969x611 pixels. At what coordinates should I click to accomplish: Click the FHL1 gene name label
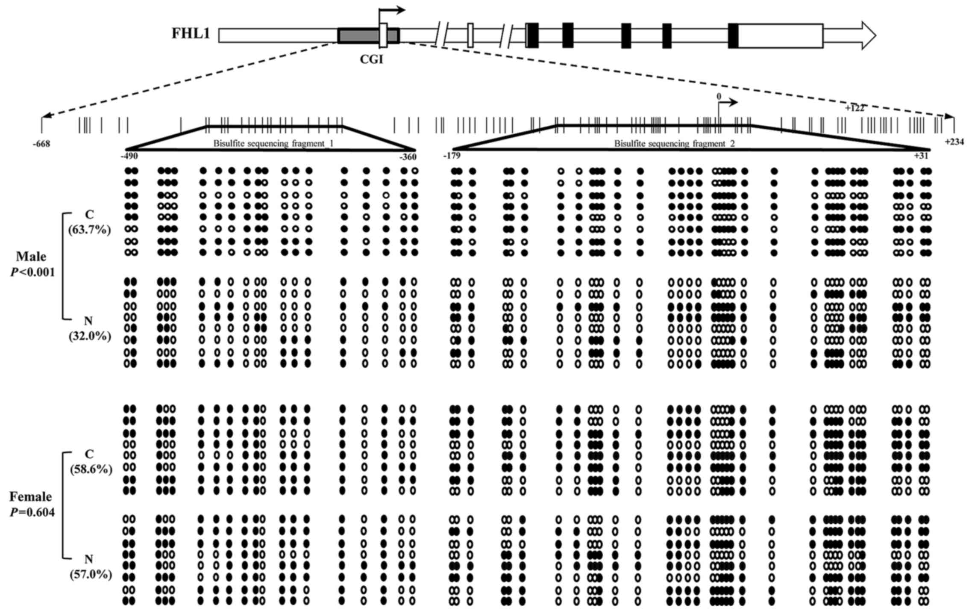pyautogui.click(x=191, y=34)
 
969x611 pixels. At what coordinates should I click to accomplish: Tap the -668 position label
pyautogui.click(x=41, y=144)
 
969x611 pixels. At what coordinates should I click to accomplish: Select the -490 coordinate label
pyautogui.click(x=129, y=156)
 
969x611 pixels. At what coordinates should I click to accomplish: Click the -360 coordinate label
pyautogui.click(x=408, y=157)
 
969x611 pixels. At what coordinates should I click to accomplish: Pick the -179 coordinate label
pyautogui.click(x=452, y=156)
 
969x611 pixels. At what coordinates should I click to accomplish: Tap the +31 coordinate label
pyautogui.click(x=921, y=156)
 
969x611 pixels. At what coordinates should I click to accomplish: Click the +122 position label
pyautogui.click(x=854, y=109)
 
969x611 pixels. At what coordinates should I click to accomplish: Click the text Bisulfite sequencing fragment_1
pyautogui.click(x=273, y=144)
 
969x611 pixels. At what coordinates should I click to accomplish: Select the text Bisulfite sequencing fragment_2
pyautogui.click(x=674, y=144)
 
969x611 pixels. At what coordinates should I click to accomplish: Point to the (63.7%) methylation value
pyautogui.click(x=90, y=230)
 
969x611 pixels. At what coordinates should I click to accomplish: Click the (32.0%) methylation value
pyautogui.click(x=90, y=336)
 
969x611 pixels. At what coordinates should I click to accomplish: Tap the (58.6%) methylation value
pyautogui.click(x=91, y=469)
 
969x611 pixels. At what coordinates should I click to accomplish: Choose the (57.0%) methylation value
pyautogui.click(x=91, y=575)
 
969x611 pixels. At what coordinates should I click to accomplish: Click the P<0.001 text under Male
pyautogui.click(x=33, y=272)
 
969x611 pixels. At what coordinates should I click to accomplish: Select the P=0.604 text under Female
pyautogui.click(x=32, y=512)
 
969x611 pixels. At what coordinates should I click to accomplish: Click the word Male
pyautogui.click(x=31, y=257)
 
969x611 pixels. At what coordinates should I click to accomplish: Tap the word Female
pyautogui.click(x=31, y=497)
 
